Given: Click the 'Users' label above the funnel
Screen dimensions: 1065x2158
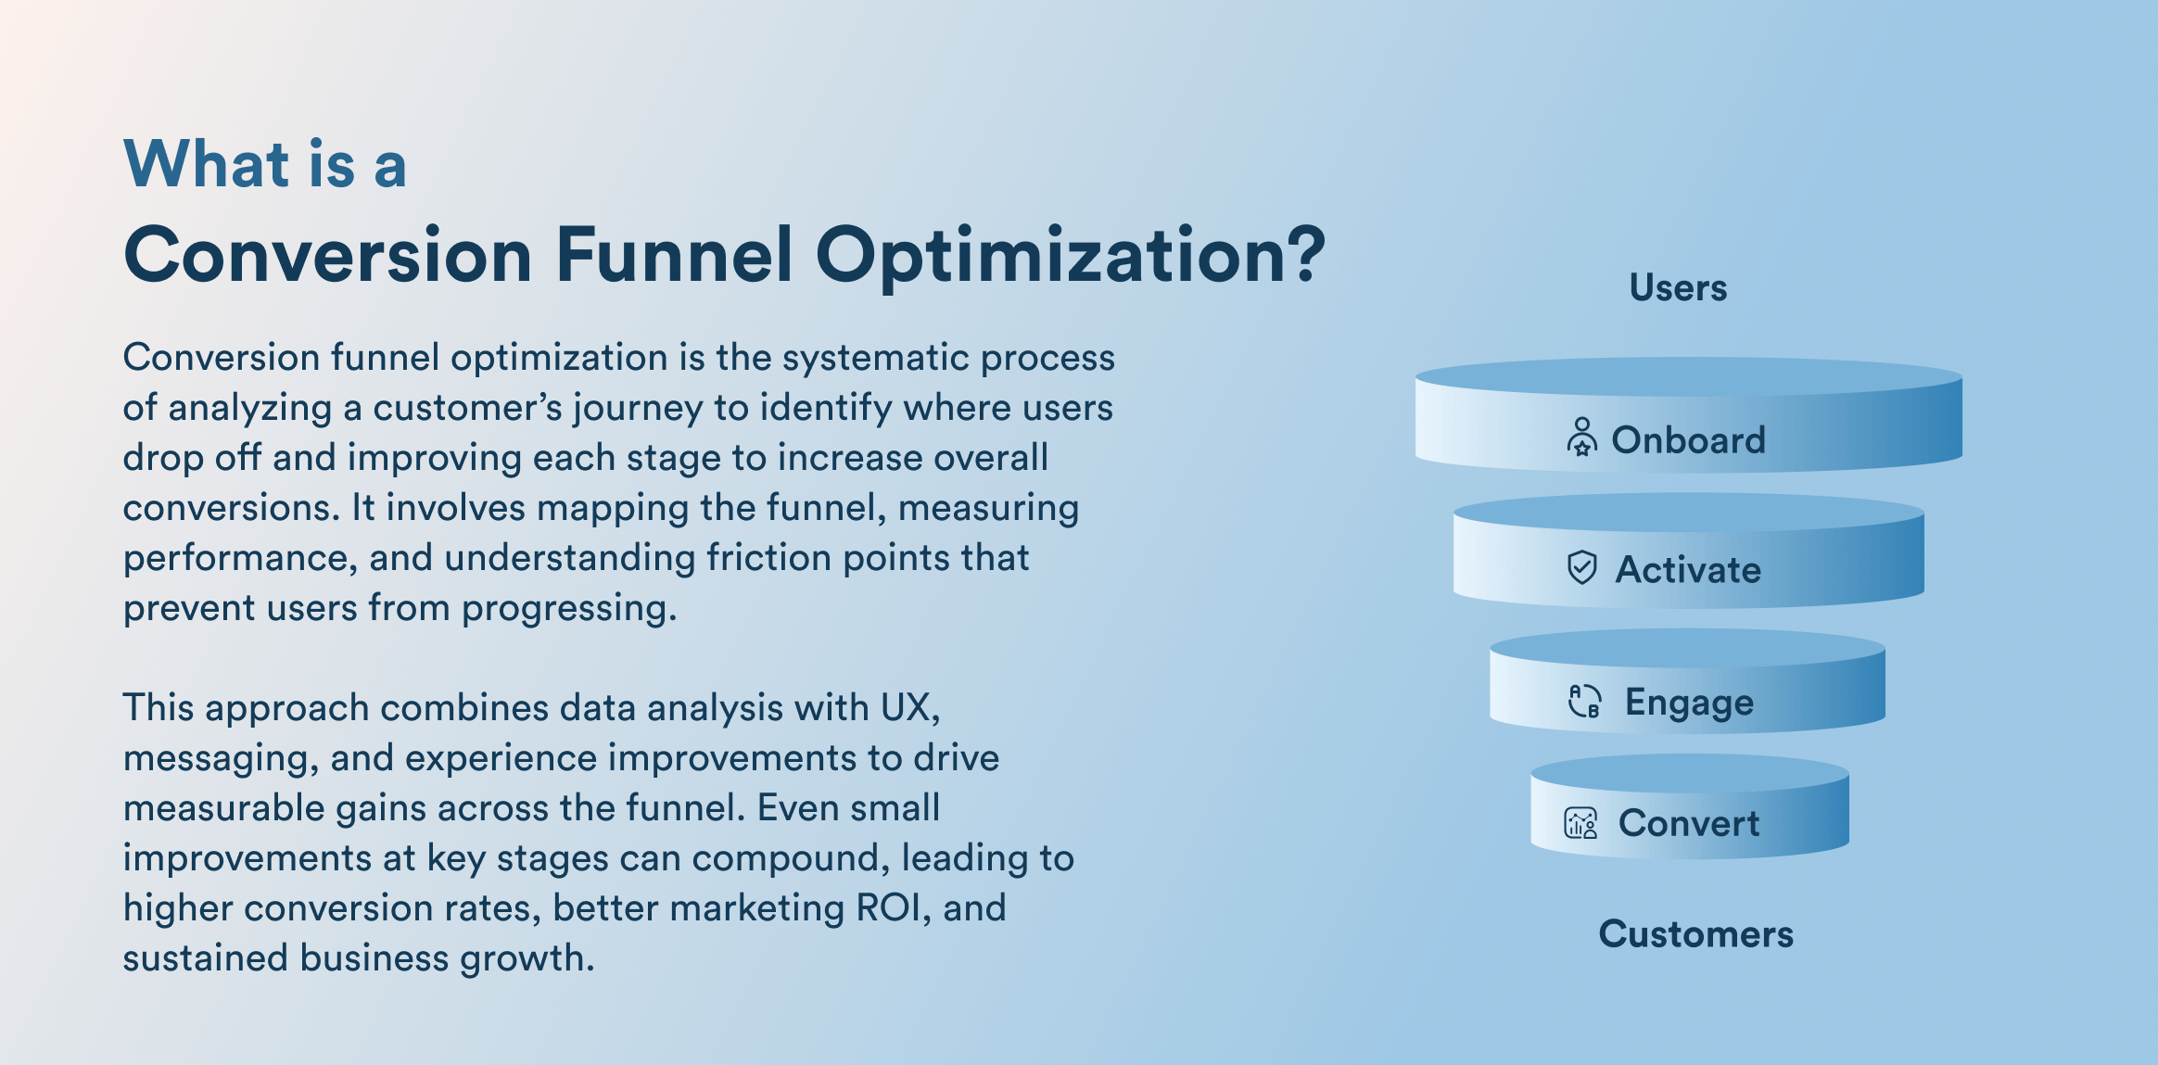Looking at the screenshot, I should [1678, 288].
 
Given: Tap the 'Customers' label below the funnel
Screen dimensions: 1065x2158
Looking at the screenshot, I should [1695, 933].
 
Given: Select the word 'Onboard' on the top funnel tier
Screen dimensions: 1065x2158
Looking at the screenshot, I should [1688, 439].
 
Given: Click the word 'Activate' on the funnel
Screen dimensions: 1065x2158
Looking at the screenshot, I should [1688, 569].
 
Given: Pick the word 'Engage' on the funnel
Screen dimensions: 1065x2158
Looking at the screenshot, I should [1689, 703].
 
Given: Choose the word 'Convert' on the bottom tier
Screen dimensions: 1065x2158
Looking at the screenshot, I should [1688, 823].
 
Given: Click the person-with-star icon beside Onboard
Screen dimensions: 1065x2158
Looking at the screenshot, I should [1581, 437].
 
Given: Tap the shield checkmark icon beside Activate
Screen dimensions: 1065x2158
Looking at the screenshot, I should [1581, 567].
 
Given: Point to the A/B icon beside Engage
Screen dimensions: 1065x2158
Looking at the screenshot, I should [1583, 701].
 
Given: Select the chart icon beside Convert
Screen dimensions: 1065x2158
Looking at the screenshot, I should [1580, 822].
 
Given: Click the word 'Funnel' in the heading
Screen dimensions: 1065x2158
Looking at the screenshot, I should [674, 255].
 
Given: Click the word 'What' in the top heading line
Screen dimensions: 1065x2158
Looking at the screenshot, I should [207, 164].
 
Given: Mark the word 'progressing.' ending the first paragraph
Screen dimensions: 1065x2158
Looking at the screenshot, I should [569, 608].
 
